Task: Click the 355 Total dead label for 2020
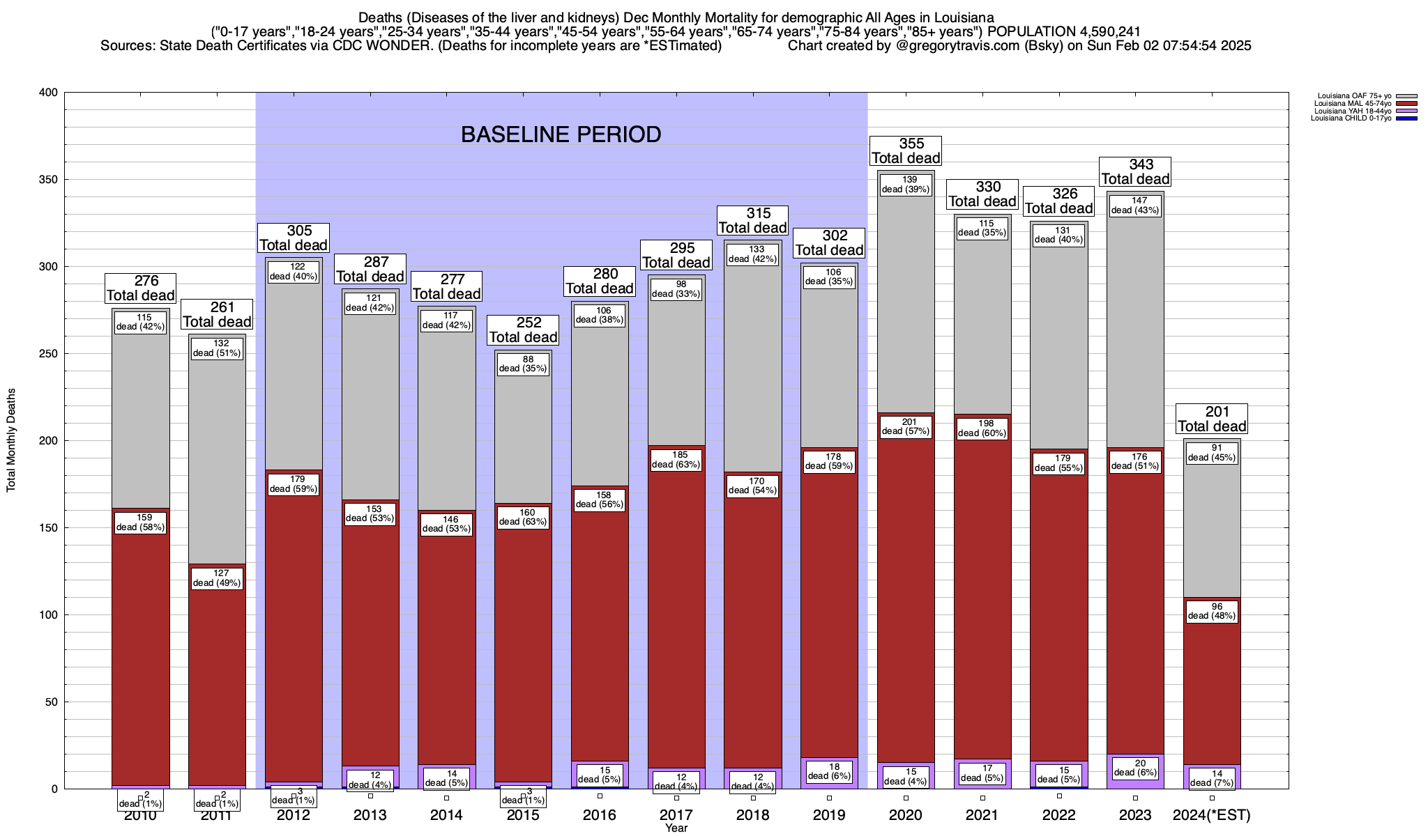point(906,150)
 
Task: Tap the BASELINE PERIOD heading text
point(561,134)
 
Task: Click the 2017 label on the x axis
point(676,814)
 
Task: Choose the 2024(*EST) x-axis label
point(1212,814)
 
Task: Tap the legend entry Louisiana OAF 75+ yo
point(1353,95)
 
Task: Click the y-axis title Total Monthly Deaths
point(11,440)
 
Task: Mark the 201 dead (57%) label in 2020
point(906,426)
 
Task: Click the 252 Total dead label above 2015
point(523,330)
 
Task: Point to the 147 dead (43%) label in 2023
point(1135,206)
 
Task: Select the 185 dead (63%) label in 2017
point(676,460)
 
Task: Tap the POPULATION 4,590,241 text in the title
point(1064,31)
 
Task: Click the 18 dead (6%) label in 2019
point(829,771)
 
